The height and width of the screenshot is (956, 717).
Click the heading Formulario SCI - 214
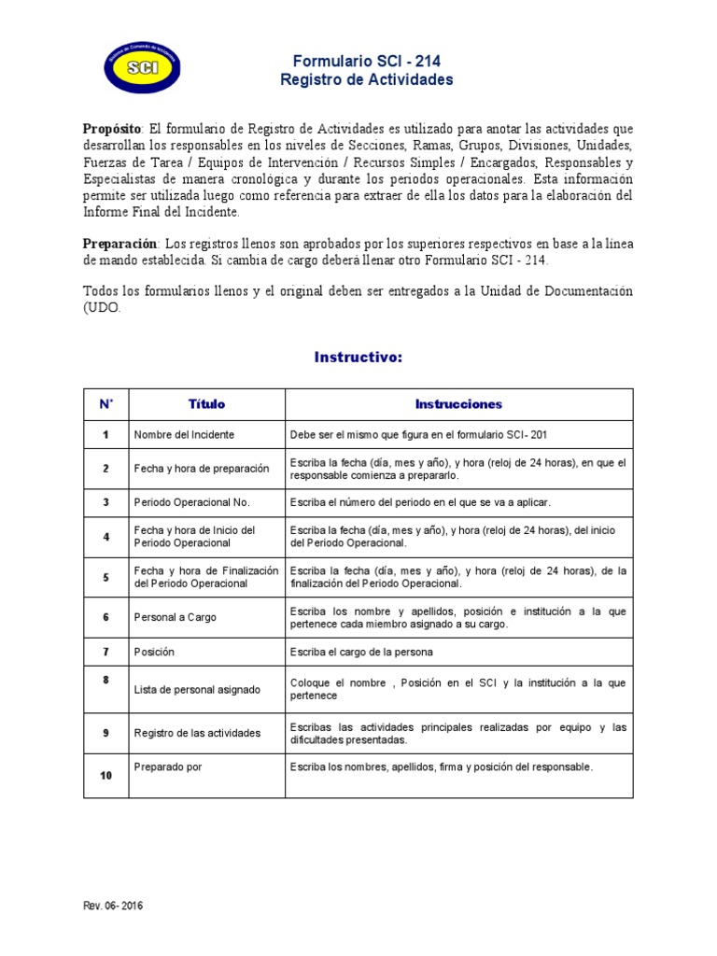pos(367,62)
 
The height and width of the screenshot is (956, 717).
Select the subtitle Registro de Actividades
pos(367,80)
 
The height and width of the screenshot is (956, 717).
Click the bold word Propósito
pos(112,128)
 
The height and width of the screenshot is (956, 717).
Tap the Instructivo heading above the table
pos(358,358)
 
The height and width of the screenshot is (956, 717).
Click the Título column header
pos(206,404)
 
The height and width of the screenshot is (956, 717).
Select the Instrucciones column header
pos(458,404)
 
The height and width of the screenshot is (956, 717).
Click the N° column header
pos(106,404)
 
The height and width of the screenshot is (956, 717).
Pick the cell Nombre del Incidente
pos(185,435)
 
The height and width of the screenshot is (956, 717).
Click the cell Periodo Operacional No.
pos(192,502)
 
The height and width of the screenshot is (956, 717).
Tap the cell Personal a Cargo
pos(176,617)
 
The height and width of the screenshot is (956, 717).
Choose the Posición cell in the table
pos(155,652)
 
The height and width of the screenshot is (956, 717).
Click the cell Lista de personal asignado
pos(197,690)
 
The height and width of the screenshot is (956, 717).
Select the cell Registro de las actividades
pos(198,733)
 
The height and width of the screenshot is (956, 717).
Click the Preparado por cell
pos(168,766)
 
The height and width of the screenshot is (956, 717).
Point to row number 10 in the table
pos(106,776)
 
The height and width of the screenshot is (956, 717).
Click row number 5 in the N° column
pos(106,577)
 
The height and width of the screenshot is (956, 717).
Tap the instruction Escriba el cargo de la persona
pos(361,652)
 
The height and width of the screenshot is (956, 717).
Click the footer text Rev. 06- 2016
pos(114,906)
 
